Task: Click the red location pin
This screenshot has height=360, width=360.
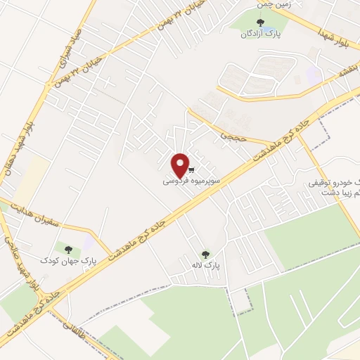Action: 181,165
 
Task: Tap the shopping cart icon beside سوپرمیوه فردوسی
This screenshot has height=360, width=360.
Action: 191,170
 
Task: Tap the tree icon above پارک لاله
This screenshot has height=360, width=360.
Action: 205,255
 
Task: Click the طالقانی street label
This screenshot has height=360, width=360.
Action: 70,326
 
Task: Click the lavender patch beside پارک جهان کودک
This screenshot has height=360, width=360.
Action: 89,243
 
